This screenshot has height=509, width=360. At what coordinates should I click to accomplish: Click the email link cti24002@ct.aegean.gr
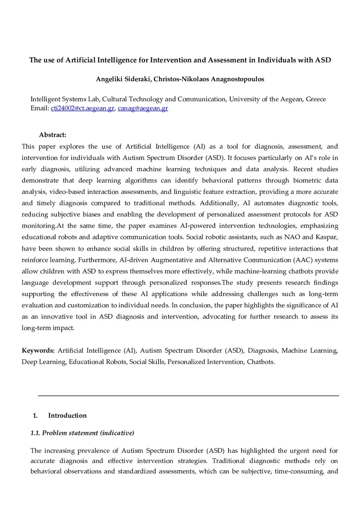coord(83,108)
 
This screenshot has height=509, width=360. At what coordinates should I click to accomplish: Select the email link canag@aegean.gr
coord(143,108)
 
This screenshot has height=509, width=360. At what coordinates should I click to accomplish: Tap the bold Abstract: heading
coord(52,135)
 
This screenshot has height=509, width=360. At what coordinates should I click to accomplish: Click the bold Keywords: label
coord(38,350)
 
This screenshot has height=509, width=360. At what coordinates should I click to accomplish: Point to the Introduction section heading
coord(67,415)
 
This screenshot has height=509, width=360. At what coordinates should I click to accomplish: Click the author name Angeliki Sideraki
coord(123,79)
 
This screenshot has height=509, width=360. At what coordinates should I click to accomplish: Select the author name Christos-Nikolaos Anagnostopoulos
coord(209,79)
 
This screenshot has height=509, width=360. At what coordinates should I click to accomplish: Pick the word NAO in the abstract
coord(292,237)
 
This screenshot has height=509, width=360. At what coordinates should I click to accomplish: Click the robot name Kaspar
coord(326,237)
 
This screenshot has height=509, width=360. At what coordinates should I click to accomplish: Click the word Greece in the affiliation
coord(316,99)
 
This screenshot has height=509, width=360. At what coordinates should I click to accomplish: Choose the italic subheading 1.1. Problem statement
coord(82,433)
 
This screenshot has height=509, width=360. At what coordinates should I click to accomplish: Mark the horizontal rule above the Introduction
coord(188,396)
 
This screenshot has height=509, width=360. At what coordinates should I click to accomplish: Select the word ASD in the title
coord(323,60)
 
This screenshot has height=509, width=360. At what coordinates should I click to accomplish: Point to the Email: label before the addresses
coord(40,108)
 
